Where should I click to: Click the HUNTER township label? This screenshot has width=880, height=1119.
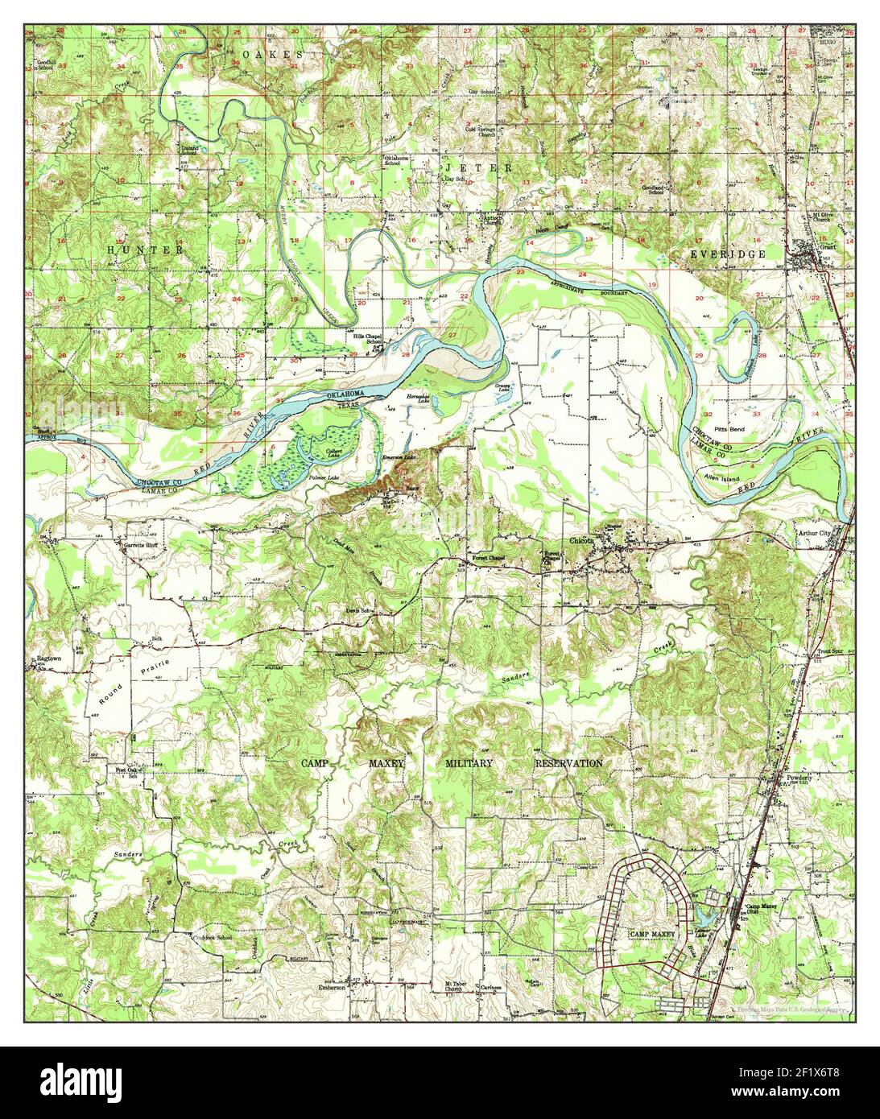click(146, 250)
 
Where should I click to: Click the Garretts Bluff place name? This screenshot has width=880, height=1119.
click(143, 544)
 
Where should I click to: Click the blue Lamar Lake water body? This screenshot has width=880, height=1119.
click(707, 916)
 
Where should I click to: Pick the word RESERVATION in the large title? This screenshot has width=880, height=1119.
click(568, 762)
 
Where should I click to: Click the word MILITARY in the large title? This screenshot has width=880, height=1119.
click(476, 762)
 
